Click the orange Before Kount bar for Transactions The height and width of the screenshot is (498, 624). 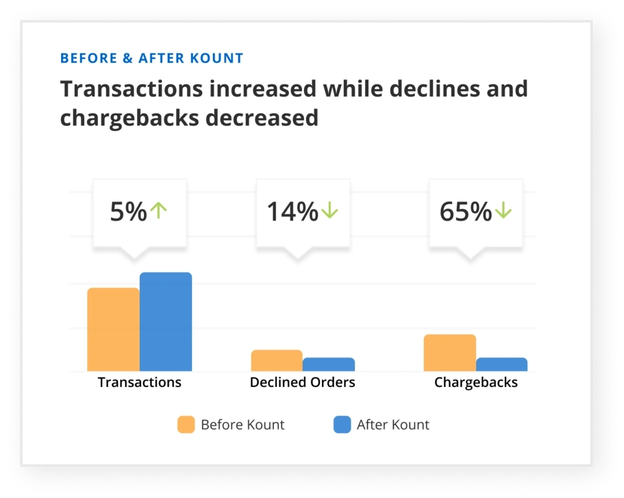pos(113,330)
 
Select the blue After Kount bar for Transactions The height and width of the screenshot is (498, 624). pos(165,322)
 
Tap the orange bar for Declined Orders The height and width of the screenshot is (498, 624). pos(276,361)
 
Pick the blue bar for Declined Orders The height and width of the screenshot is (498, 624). pos(328,364)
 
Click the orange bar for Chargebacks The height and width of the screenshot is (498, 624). pos(449,353)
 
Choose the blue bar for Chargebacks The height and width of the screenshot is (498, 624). pos(501,364)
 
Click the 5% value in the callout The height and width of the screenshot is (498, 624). pos(128,212)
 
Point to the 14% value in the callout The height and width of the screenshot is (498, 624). pos(292,212)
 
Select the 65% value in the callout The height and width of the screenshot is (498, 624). pos(466,212)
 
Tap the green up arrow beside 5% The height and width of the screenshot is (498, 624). pos(159,211)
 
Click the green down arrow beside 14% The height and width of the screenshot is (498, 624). pos(329,211)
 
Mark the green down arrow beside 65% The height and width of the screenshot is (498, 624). pos(503,211)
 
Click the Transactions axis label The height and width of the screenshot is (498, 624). pos(139,383)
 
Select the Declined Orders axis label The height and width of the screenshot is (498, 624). pos(303,383)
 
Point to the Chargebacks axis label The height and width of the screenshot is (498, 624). pos(475,383)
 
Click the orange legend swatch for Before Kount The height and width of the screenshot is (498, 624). pos(186,425)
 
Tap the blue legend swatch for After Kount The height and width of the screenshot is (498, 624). pos(342,425)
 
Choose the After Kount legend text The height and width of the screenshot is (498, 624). pos(393,425)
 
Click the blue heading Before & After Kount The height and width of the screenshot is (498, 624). pos(152,59)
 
